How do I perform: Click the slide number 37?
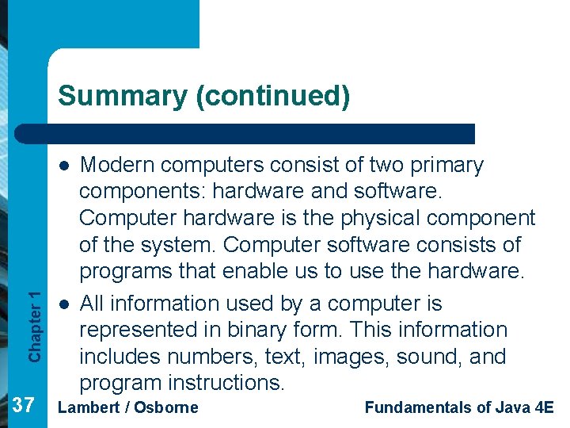[24, 407]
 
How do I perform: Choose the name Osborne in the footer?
[165, 407]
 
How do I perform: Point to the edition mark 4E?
[544, 407]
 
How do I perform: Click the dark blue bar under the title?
[261, 134]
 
